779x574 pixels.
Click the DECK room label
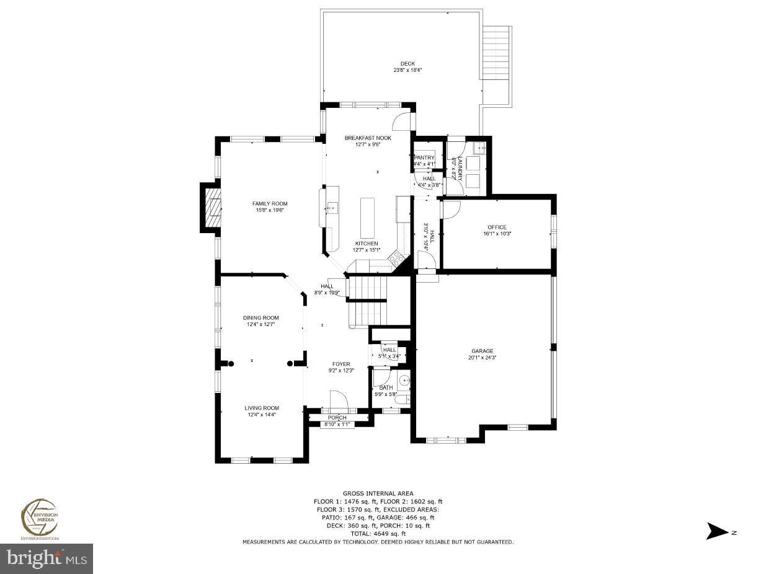(407, 63)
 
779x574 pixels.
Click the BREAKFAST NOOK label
(368, 138)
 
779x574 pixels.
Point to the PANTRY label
(425, 158)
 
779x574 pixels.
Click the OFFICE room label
(496, 227)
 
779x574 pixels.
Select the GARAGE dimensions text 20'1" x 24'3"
(482, 358)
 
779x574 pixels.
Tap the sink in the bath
(403, 380)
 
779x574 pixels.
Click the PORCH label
(337, 418)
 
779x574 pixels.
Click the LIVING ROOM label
(261, 408)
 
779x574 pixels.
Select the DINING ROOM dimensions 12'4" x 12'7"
(261, 324)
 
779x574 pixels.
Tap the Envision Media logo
(40, 518)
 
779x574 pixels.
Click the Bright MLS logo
(47, 559)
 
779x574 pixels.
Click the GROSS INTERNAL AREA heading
(378, 493)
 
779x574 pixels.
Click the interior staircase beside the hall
(367, 298)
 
